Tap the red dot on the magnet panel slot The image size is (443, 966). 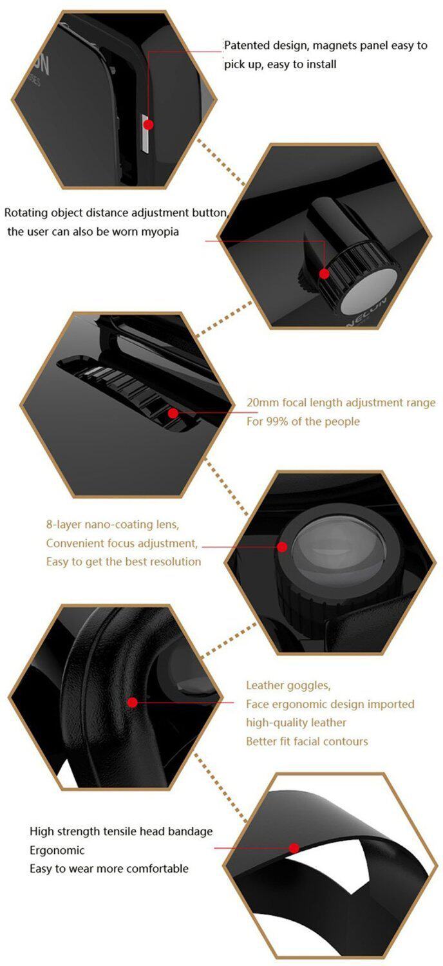click(x=148, y=124)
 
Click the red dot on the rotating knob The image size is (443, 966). click(x=324, y=274)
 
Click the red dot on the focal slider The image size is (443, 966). click(x=173, y=413)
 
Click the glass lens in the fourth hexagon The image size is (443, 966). click(x=339, y=554)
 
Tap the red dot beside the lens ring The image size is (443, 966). click(x=282, y=547)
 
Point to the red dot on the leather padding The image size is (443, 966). click(x=133, y=702)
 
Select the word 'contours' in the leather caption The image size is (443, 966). click(x=345, y=741)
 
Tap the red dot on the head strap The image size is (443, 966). click(x=294, y=848)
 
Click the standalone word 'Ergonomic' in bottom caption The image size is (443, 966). click(x=57, y=850)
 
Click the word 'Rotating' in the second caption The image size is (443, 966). click(x=28, y=213)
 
